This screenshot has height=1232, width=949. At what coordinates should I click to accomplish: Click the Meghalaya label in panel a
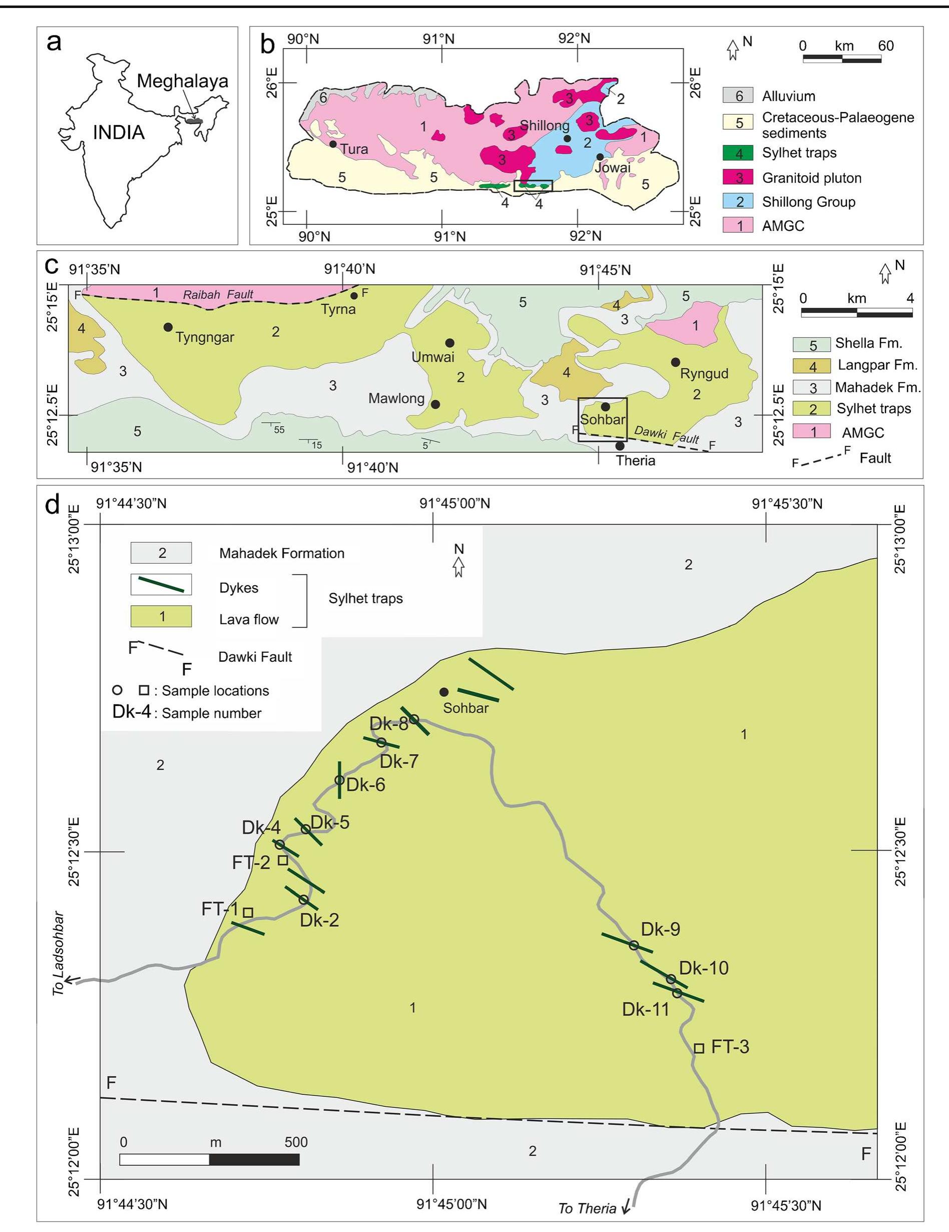click(182, 81)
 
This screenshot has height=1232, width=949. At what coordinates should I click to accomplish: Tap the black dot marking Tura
click(333, 144)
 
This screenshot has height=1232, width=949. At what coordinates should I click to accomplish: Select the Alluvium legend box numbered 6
click(738, 96)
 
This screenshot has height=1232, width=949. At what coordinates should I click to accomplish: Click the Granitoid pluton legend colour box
click(738, 178)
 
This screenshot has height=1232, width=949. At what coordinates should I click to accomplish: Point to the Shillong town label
click(544, 125)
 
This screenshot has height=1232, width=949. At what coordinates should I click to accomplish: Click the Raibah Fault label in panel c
click(218, 294)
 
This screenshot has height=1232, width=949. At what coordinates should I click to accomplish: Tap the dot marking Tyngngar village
click(168, 327)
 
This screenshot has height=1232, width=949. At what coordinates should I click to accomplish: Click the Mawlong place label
click(396, 399)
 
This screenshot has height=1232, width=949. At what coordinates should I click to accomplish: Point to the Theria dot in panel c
click(620, 446)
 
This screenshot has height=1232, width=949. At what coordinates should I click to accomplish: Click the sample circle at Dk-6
click(339, 780)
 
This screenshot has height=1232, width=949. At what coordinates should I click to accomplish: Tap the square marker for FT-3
click(699, 1048)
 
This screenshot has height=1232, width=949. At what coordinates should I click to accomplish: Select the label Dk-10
click(704, 968)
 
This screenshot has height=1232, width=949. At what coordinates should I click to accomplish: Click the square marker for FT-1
click(248, 912)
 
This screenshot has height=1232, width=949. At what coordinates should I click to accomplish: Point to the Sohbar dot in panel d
click(444, 692)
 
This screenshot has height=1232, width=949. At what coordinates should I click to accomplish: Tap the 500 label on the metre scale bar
click(296, 1142)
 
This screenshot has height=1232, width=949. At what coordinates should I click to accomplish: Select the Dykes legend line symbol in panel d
click(161, 584)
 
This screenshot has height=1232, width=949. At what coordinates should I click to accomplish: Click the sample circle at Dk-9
click(634, 945)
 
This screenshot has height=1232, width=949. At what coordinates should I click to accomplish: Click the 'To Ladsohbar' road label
click(59, 953)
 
